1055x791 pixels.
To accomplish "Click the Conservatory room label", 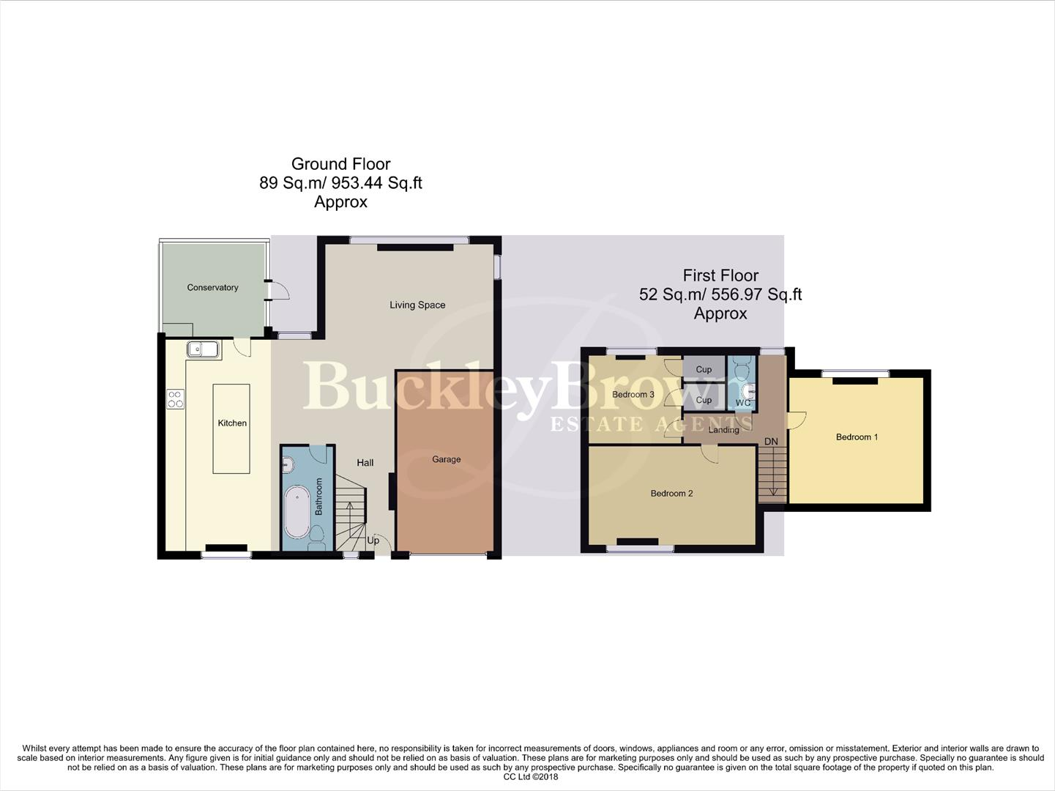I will coord(212,288).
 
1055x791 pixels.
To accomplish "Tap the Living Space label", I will coord(417,305).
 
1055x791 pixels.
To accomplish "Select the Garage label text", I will coord(446,459).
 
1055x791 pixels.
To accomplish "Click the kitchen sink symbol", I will coord(203,349).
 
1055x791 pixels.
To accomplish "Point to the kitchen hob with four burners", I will coord(176,399).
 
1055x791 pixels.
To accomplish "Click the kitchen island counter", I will coord(231,428).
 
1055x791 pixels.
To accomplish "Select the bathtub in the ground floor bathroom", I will coord(297,511).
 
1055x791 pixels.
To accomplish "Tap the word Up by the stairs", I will coord(373,541).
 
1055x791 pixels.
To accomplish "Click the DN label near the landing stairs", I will coord(771,442).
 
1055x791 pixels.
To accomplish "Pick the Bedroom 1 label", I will coord(857,437).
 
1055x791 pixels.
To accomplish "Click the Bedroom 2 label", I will coord(671,494).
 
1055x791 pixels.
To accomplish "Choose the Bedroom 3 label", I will coord(633,395).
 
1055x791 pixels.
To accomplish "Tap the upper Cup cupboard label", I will coord(704,370).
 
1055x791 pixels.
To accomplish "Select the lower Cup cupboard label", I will coord(704,401).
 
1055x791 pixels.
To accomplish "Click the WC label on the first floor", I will coord(742,403).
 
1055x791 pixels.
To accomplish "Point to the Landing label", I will coord(723,430).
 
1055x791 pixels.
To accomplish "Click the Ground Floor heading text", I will coord(340,164).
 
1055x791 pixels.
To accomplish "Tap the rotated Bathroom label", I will coord(319,497).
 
